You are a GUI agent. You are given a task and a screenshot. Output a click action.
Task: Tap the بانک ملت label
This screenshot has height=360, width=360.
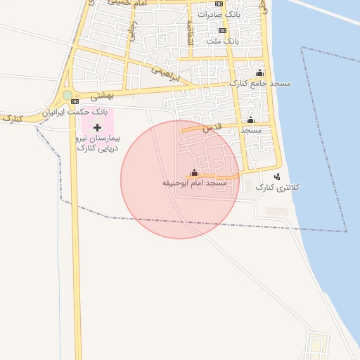[223, 41]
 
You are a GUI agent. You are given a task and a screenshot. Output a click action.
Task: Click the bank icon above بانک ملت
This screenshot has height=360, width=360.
[223, 31]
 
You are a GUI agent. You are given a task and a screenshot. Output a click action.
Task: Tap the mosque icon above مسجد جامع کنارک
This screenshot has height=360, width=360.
[259, 73]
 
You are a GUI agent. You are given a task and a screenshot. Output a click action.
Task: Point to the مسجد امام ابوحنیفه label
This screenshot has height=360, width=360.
[195, 183]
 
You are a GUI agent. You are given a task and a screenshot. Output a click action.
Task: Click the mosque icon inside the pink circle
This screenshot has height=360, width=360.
[195, 173]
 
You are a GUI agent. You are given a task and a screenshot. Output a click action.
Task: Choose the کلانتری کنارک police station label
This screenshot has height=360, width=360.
[277, 187]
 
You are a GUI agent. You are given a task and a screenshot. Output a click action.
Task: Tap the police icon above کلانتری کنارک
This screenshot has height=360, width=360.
[277, 176]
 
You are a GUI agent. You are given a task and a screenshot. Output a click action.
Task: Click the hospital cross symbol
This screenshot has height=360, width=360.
[98, 127]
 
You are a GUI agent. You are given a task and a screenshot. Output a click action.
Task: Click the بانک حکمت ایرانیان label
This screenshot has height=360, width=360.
[75, 111]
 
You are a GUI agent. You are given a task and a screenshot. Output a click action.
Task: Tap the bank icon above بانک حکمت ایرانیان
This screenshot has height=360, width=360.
[75, 101]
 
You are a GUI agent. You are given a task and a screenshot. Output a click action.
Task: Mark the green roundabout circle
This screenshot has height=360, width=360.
[67, 95]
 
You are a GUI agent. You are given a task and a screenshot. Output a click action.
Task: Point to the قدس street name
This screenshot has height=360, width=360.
[212, 128]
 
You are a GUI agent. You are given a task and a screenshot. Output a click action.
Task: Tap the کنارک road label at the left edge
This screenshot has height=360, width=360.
[12, 119]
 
